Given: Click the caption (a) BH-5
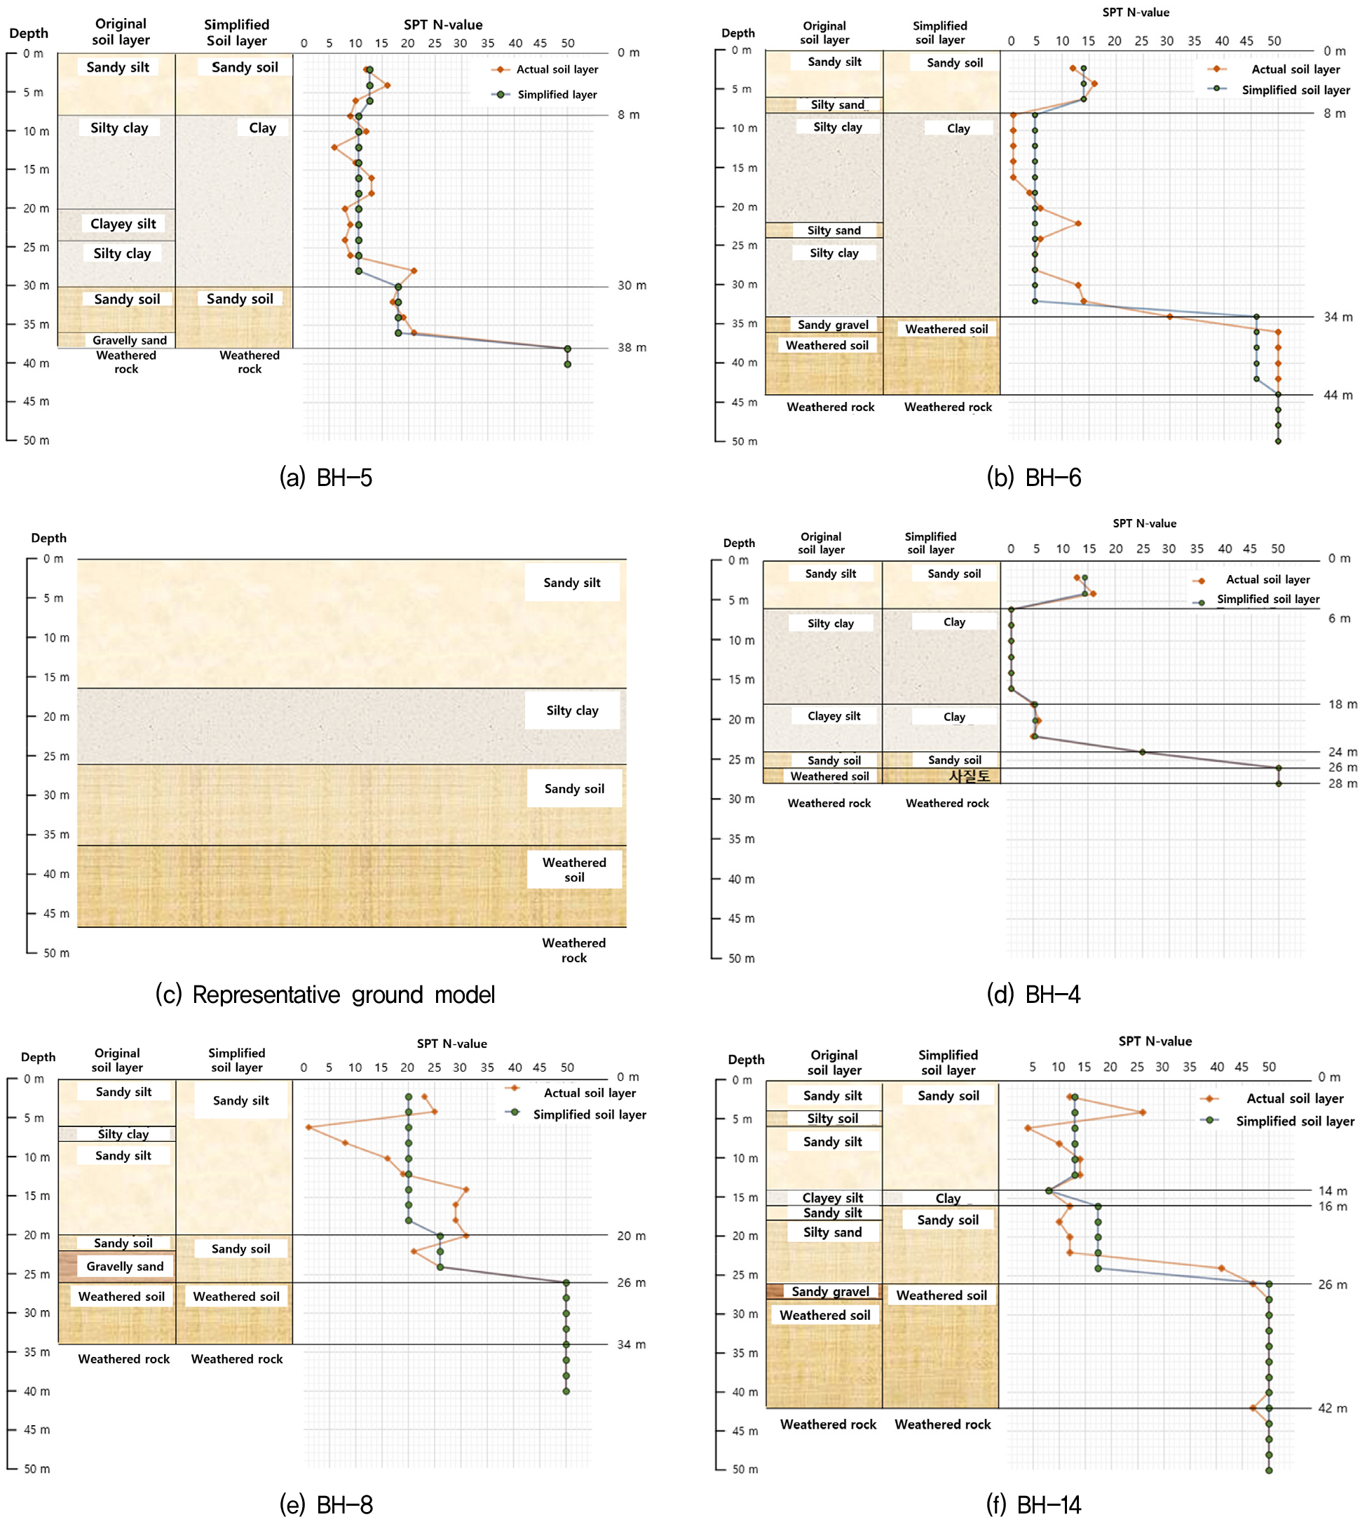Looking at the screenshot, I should point(326,478).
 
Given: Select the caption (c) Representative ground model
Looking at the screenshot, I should point(325,994).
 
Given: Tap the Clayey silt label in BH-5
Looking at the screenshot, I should point(123,224).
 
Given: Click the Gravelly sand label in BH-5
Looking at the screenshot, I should point(129,340).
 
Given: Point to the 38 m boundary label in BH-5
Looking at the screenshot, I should point(632,348).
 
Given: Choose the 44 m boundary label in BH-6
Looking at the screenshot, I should point(1338,395).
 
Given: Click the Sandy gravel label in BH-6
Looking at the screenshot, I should point(832,325).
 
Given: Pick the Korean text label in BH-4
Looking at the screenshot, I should point(970,776).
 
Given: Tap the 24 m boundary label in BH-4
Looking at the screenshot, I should point(1342,752).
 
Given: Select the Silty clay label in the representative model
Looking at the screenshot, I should point(571,710).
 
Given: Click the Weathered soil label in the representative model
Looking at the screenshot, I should point(574,869).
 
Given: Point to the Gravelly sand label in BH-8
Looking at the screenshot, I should point(125,1266).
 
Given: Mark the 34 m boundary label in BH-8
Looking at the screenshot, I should point(631,1344).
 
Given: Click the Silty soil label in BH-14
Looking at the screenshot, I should point(832,1118).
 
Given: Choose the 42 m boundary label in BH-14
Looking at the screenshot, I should point(1333,1408).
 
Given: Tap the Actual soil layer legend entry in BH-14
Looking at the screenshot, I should point(1294,1098).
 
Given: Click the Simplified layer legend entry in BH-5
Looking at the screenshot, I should point(557,94).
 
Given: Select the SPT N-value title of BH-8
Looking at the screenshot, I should point(451,1044).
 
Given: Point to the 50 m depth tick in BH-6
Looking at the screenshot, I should point(744,442).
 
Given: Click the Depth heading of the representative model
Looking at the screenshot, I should point(48,538).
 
